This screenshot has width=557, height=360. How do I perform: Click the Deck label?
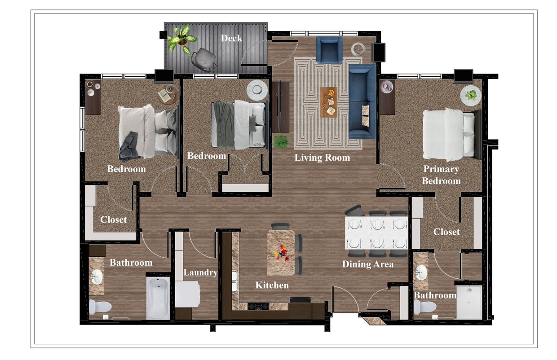tap(231, 38)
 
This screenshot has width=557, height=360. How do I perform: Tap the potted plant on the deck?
tap(182, 39)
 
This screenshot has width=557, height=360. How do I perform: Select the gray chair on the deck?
tap(203, 59)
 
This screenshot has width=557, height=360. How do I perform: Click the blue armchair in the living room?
tap(329, 49)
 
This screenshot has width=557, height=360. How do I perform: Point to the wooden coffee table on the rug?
tap(329, 102)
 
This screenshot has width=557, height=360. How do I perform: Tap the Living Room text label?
tap(322, 158)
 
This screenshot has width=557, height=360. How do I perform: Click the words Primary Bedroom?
tap(441, 175)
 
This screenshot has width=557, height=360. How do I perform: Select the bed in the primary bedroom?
tap(449, 134)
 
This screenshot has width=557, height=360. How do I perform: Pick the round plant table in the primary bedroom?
tap(471, 95)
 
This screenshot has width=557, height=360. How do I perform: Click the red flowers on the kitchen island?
tap(282, 253)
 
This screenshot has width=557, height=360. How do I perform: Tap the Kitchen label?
tap(272, 285)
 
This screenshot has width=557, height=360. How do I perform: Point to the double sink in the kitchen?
tap(234, 281)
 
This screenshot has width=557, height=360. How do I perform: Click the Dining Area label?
tap(367, 264)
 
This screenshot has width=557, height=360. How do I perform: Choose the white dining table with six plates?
tap(376, 233)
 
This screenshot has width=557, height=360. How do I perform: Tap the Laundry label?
tap(200, 272)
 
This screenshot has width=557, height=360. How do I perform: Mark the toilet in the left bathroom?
tap(100, 307)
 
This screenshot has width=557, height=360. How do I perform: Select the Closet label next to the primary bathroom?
tap(446, 232)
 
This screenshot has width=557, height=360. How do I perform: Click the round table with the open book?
tap(168, 94)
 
